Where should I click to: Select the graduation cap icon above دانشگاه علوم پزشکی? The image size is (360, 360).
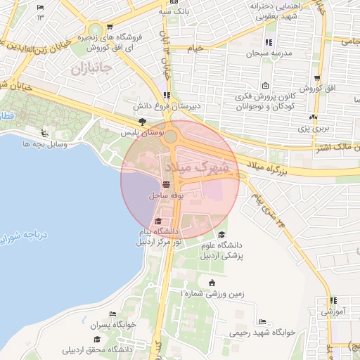(x=222, y=234)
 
